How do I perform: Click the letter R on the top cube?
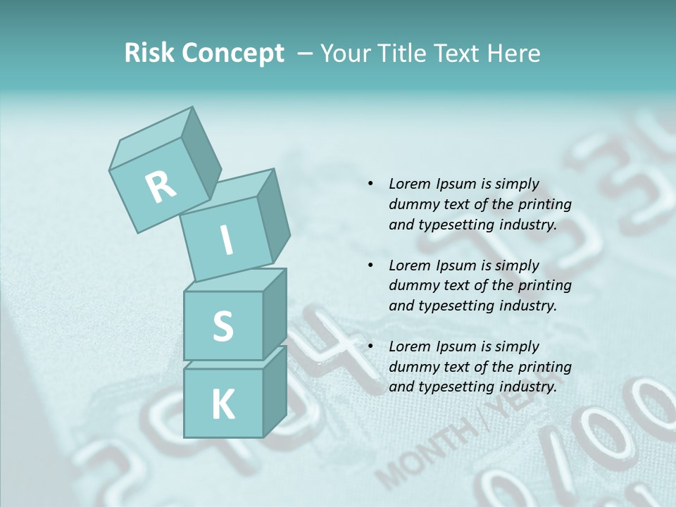tap(161, 187)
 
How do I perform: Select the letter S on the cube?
tap(223, 326)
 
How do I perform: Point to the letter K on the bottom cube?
tap(223, 404)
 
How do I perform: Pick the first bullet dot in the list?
tap(370, 184)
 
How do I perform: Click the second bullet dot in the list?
tap(370, 265)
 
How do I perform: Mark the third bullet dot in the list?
tap(370, 346)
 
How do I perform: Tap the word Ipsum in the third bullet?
tap(456, 346)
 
